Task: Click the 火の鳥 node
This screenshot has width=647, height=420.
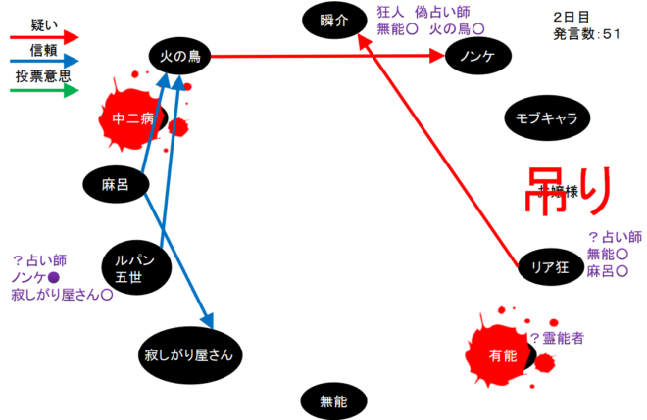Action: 180,57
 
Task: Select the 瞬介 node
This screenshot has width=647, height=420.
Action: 333,20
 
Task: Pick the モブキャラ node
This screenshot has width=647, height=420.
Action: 546,118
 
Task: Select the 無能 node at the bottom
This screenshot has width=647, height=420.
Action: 333,399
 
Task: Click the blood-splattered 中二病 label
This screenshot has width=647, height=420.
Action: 134,120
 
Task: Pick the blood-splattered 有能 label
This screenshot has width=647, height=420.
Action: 502,356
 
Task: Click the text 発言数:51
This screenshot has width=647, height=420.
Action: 586,35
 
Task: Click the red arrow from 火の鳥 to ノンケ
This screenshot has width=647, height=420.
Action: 323,57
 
